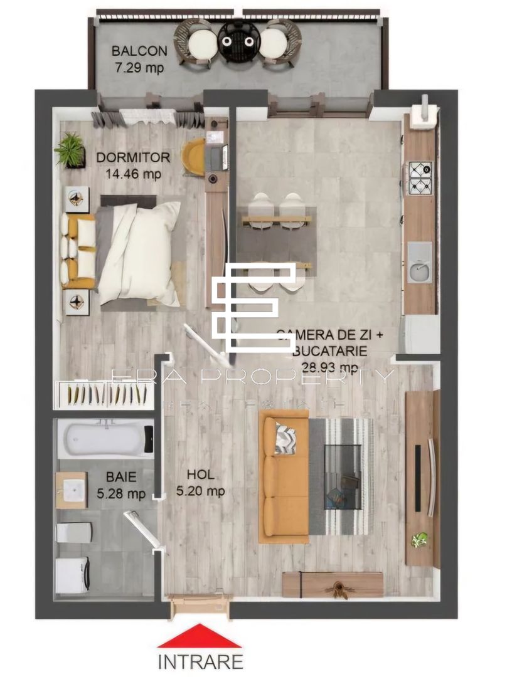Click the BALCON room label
pos(139,51)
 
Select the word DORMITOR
pos(133,157)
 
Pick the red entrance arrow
pos(199,636)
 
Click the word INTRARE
pos(200,661)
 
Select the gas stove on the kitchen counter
pos(420,178)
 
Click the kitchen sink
pos(420,263)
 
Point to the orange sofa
pos(285,476)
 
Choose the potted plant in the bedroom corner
pos(70,150)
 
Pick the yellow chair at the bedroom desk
pos(193,157)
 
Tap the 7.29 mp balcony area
pos(139,67)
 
